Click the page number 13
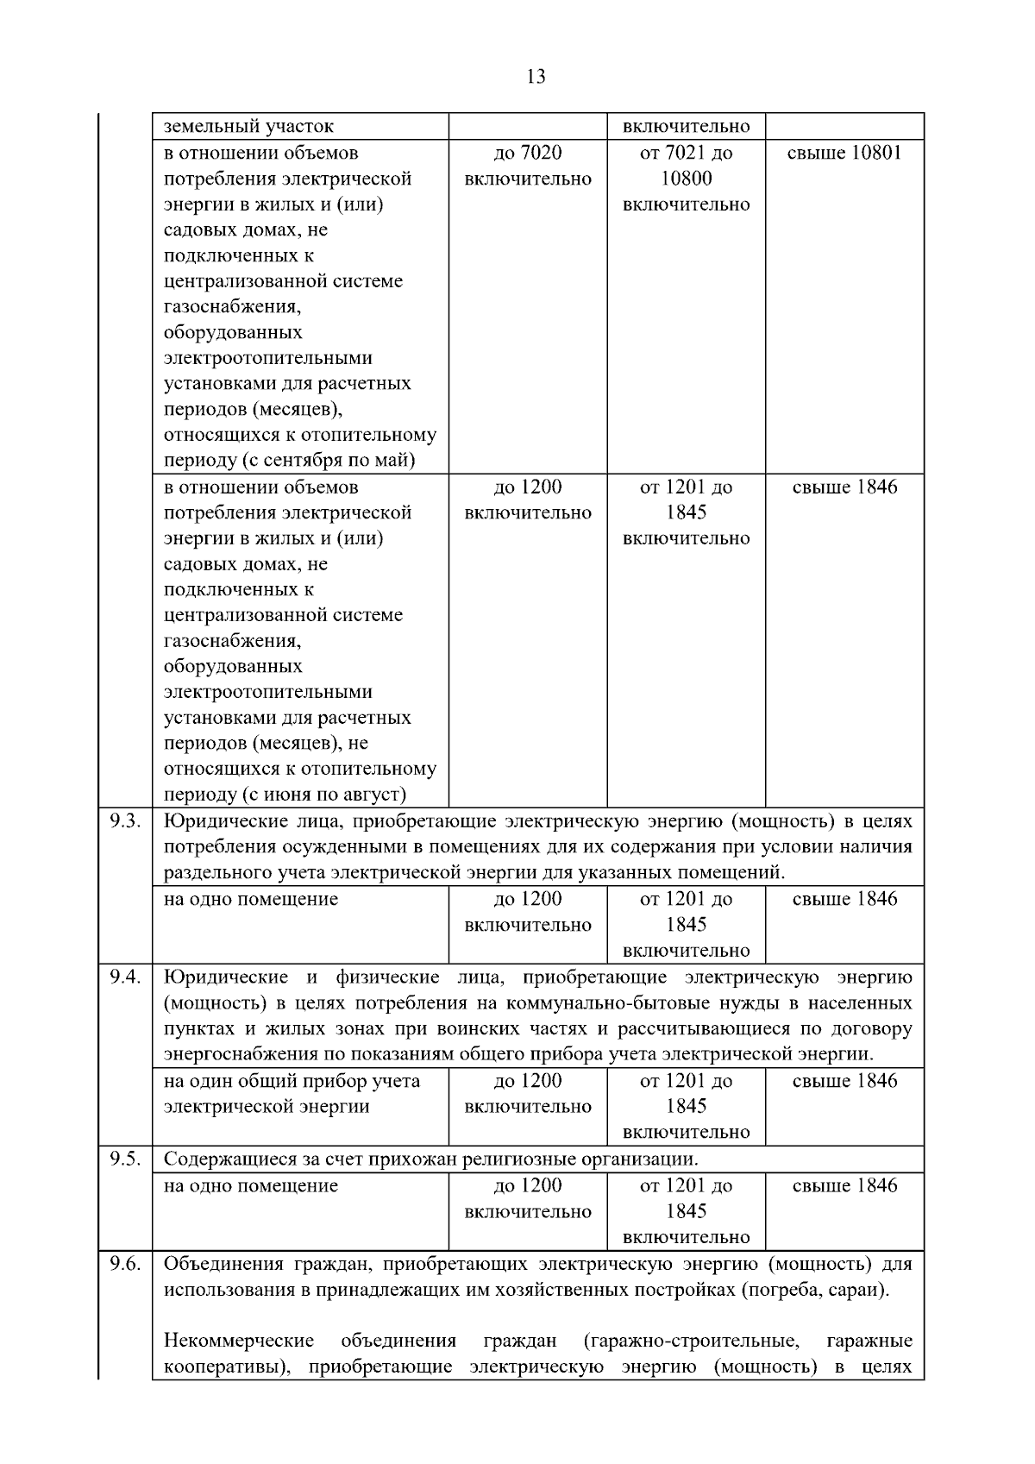[535, 77]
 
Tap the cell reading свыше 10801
[844, 154]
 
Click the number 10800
[686, 179]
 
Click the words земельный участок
[248, 127]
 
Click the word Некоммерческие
[239, 1341]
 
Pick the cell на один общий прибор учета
[292, 1081]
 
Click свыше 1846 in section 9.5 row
[844, 1186]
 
